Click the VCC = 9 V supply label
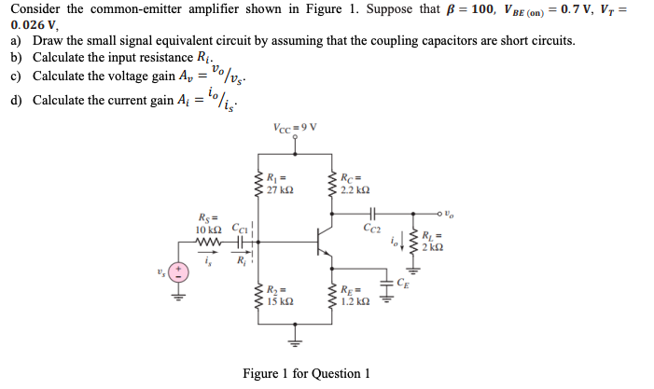click(x=297, y=128)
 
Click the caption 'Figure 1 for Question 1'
click(x=306, y=373)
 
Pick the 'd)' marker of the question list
click(x=16, y=99)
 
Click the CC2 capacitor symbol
click(x=374, y=211)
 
